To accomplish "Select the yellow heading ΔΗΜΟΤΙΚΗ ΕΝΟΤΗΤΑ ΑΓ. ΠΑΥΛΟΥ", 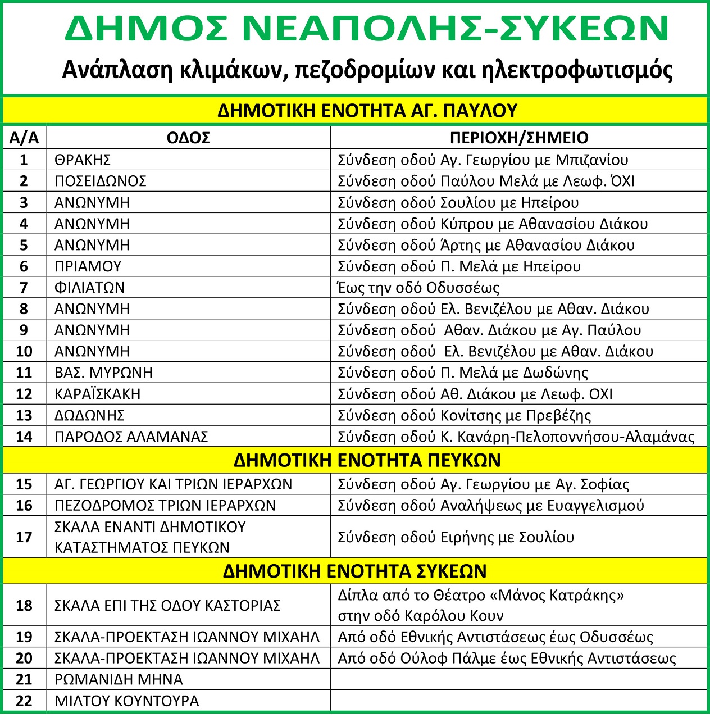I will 367,110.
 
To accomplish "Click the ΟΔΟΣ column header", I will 188,138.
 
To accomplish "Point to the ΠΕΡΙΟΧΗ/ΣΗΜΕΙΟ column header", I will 519,138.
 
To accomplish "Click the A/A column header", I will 24,138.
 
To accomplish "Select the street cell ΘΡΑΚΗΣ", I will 83,160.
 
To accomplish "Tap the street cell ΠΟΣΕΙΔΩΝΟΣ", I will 101,181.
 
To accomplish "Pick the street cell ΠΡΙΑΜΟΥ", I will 88,266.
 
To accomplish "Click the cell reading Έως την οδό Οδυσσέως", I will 418,288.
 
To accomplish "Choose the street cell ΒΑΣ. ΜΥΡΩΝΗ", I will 103,373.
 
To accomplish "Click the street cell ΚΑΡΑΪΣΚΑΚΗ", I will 97,394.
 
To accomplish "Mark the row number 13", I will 24,415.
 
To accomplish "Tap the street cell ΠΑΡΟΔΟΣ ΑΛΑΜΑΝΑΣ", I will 131,437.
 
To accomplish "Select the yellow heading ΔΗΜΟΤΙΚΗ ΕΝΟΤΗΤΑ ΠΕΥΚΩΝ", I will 367,460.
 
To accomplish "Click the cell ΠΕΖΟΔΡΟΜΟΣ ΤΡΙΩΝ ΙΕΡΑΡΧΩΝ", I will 165,505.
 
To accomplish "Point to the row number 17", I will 24,537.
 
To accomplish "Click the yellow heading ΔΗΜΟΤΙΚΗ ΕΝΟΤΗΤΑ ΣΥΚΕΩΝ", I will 355,571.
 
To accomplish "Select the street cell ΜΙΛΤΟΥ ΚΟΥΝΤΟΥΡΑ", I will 127,701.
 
